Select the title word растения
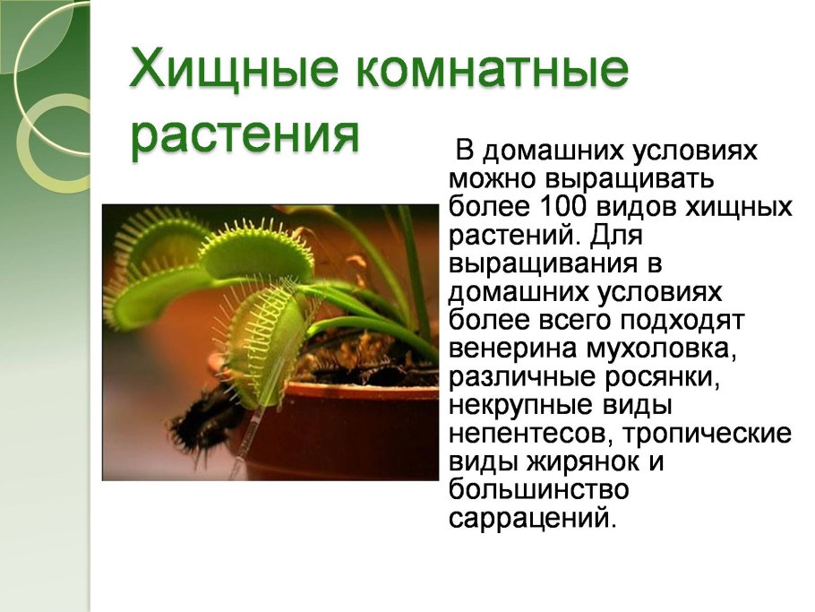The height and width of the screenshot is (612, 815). pos(244,134)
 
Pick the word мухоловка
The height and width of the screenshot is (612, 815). pos(662,349)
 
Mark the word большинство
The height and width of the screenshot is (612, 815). pos(539,489)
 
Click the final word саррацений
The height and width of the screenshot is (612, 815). pos(533,518)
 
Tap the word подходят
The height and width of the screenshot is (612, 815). pos(682,320)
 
